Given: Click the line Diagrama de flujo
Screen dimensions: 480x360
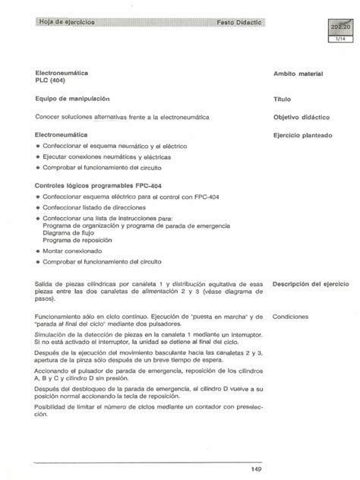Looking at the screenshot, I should tap(72, 232).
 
